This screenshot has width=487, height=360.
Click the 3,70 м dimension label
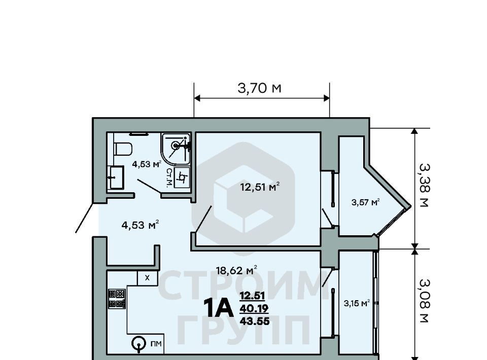(x=259, y=88)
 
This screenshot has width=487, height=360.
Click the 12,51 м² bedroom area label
(x=260, y=187)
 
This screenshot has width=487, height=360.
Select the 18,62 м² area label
(x=236, y=270)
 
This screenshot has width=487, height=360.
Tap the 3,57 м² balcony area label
(x=366, y=202)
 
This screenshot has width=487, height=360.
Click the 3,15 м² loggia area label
(x=357, y=303)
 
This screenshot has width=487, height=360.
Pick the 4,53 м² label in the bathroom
(x=147, y=164)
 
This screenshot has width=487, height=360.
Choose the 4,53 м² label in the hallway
(x=141, y=225)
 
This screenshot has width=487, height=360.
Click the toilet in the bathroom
(x=123, y=149)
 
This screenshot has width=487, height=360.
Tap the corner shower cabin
(x=176, y=149)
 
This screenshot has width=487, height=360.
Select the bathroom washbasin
(x=116, y=177)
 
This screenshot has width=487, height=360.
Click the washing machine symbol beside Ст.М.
(x=182, y=177)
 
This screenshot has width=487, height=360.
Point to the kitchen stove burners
(x=117, y=299)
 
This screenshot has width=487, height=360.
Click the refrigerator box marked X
(x=148, y=278)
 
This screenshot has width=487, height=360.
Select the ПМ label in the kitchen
(x=156, y=344)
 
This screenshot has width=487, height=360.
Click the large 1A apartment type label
(x=218, y=308)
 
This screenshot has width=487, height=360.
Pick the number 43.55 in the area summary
(x=255, y=321)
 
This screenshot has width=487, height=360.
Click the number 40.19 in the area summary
(x=254, y=308)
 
